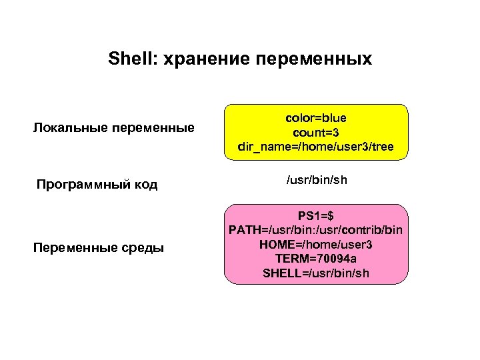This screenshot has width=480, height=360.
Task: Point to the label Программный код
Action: pos(97,184)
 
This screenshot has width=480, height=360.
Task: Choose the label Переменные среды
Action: pos(98,249)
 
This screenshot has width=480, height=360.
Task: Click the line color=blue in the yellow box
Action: pos(316,117)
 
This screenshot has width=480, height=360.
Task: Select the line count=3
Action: pos(316,131)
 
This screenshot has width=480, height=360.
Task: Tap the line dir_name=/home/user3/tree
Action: pos(316,146)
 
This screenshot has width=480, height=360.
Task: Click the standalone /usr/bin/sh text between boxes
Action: pos(316,181)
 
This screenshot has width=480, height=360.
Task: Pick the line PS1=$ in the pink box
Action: pos(316,216)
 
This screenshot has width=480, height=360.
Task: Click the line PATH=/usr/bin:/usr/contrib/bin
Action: pos(316,230)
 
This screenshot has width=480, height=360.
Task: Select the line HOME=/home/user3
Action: pos(316,245)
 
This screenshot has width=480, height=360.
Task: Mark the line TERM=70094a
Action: pos(316,259)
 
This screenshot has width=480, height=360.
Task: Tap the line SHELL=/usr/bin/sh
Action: pos(316,273)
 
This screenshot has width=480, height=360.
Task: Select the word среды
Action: pos(146,249)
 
